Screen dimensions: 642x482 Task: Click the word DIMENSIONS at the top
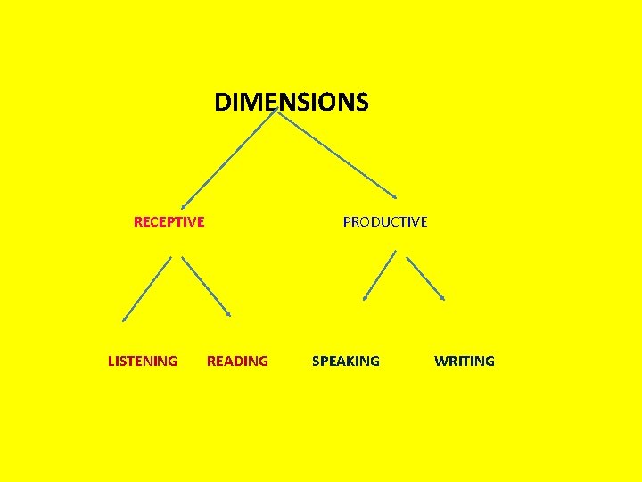(x=291, y=103)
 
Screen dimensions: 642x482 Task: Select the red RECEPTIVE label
(x=169, y=221)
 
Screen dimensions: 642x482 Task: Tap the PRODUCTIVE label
(x=385, y=221)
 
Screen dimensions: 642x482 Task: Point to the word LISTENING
(x=143, y=361)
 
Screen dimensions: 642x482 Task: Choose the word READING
(x=237, y=361)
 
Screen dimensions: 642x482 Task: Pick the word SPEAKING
(x=345, y=361)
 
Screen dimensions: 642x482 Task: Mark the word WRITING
(x=464, y=361)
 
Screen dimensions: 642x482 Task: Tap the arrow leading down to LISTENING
(x=146, y=288)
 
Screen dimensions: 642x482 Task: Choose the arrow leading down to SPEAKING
(x=379, y=275)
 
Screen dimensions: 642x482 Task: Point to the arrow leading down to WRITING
(x=425, y=278)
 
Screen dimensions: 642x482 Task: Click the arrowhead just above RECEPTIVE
(x=183, y=206)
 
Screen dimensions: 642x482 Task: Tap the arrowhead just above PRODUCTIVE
(x=395, y=196)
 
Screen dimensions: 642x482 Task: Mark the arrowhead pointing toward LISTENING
(x=124, y=318)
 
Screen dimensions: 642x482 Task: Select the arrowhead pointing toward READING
(x=229, y=315)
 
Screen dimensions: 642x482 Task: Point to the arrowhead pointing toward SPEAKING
(x=365, y=298)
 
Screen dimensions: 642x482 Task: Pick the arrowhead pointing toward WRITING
(x=442, y=298)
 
